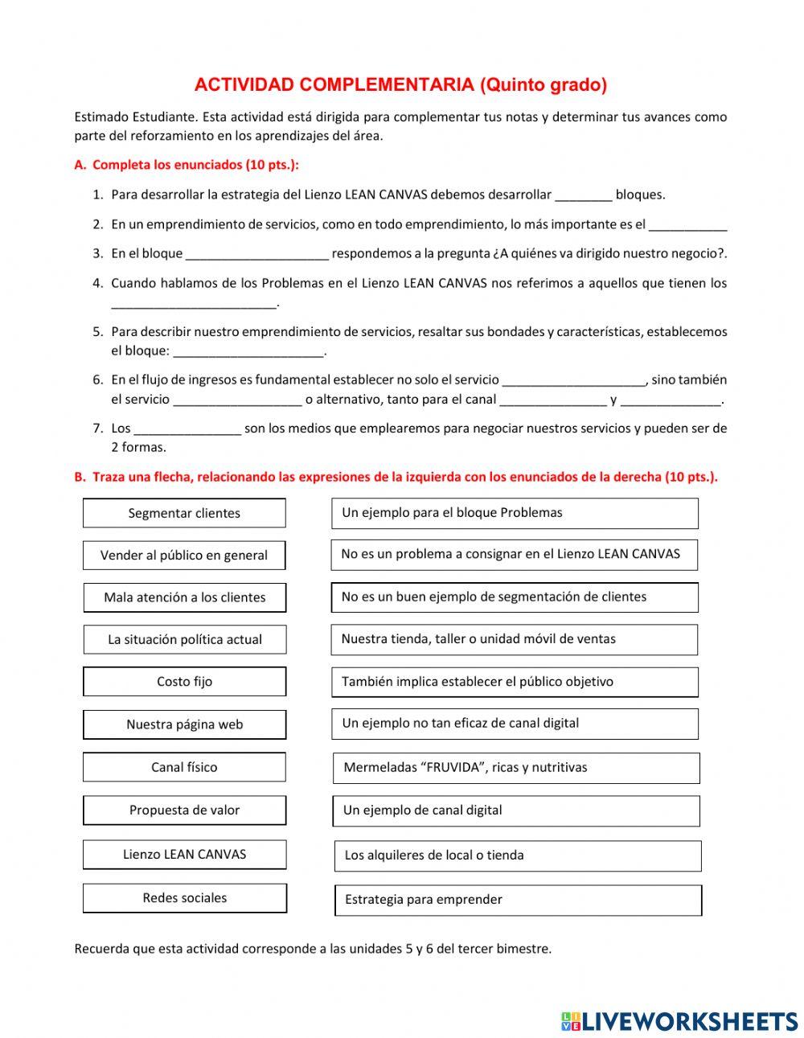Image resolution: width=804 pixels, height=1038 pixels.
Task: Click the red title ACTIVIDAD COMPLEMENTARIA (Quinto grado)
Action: click(400, 85)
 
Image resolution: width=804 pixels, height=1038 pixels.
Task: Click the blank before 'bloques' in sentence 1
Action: click(584, 195)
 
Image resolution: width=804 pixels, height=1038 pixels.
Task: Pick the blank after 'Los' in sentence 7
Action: click(187, 429)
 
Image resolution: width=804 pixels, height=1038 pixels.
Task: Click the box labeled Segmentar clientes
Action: click(184, 513)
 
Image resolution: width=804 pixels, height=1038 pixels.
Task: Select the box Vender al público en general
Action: click(184, 555)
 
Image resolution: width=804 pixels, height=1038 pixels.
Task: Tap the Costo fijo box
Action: click(184, 681)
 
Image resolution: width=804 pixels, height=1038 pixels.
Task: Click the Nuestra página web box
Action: click(184, 724)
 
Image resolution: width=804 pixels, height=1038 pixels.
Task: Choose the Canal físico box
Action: click(184, 767)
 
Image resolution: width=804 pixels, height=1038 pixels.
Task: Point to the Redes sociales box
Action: click(184, 898)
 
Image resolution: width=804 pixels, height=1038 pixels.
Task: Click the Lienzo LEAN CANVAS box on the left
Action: click(184, 854)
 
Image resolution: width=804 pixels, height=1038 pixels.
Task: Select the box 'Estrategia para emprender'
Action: click(518, 900)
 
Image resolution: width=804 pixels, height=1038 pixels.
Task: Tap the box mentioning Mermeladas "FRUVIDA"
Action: click(516, 768)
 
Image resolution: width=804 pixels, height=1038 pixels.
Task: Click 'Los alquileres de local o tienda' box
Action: click(517, 855)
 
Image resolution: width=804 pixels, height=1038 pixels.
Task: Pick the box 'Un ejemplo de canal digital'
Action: click(515, 810)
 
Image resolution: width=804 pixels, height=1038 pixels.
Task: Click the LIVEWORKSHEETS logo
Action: click(679, 1021)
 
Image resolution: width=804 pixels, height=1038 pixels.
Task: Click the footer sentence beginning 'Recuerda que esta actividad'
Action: click(313, 949)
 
